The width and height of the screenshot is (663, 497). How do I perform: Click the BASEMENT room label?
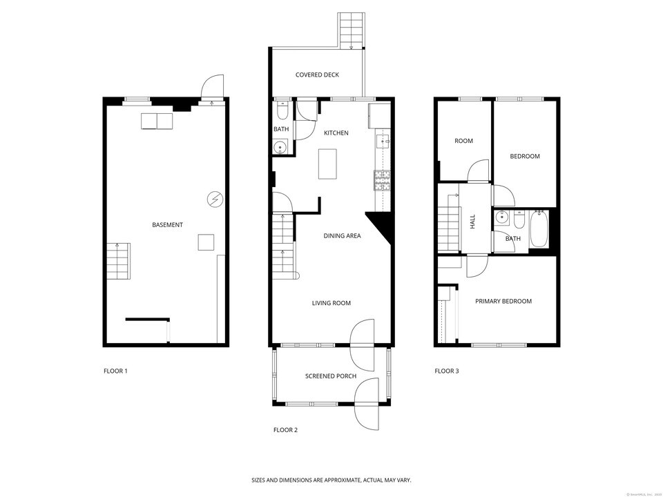pos(168,225)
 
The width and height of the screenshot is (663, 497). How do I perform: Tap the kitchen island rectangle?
pos(328,164)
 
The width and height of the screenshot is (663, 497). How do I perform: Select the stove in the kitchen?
pos(382,180)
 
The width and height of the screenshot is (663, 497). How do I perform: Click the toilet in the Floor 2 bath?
pos(282,111)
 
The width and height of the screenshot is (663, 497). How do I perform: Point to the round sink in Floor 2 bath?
pos(280,147)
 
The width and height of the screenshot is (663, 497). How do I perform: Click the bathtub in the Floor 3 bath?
pos(538,230)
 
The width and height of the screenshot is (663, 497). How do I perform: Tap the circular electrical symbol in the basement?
pos(215,200)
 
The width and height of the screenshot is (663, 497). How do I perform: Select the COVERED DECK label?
pos(317,75)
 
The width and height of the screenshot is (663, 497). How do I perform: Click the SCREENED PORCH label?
pos(331,376)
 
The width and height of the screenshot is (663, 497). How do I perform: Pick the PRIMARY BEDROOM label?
pos(503,302)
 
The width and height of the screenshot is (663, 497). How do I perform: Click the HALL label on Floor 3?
pos(473,222)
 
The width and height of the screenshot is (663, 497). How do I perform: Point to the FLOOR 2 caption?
pos(285,430)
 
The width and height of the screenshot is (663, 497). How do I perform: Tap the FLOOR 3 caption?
pos(446,371)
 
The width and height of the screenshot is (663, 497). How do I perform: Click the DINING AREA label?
pos(342,236)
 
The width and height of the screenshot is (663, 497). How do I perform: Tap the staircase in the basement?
pos(117,261)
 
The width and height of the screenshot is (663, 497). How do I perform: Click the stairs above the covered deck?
pos(351,31)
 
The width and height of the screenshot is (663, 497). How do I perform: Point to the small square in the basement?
pos(206,242)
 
